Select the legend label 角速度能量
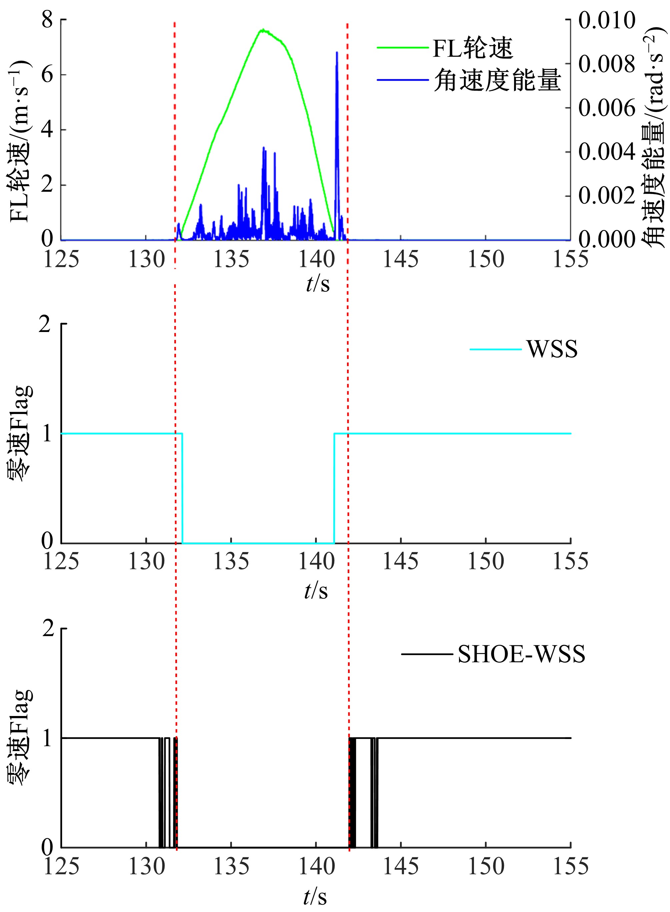[x=497, y=80]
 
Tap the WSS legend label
[x=552, y=349]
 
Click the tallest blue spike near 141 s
[x=337, y=53]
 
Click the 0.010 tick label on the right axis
[x=606, y=20]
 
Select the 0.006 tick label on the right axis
[x=606, y=108]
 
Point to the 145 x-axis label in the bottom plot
[x=401, y=867]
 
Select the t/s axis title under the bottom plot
[x=315, y=897]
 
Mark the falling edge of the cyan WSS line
[x=183, y=488]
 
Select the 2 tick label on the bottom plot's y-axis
[x=48, y=629]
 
